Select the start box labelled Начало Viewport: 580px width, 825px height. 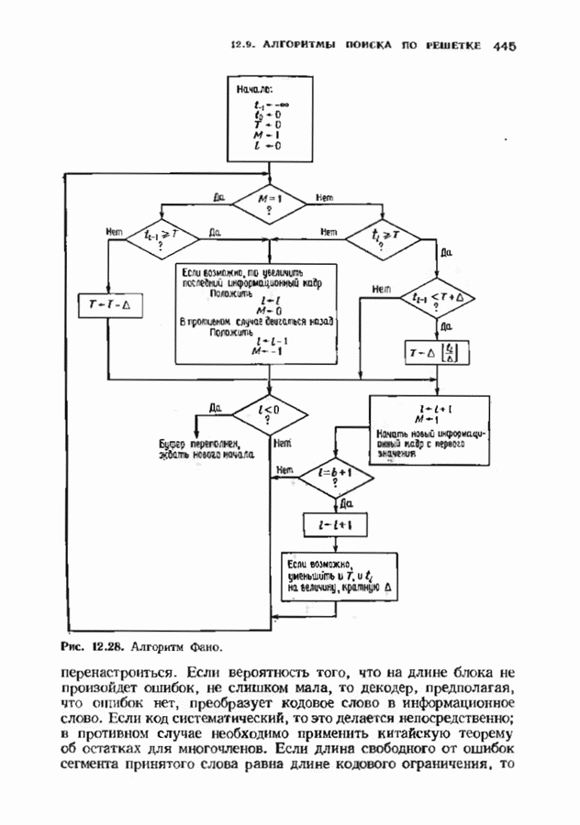(269, 118)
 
